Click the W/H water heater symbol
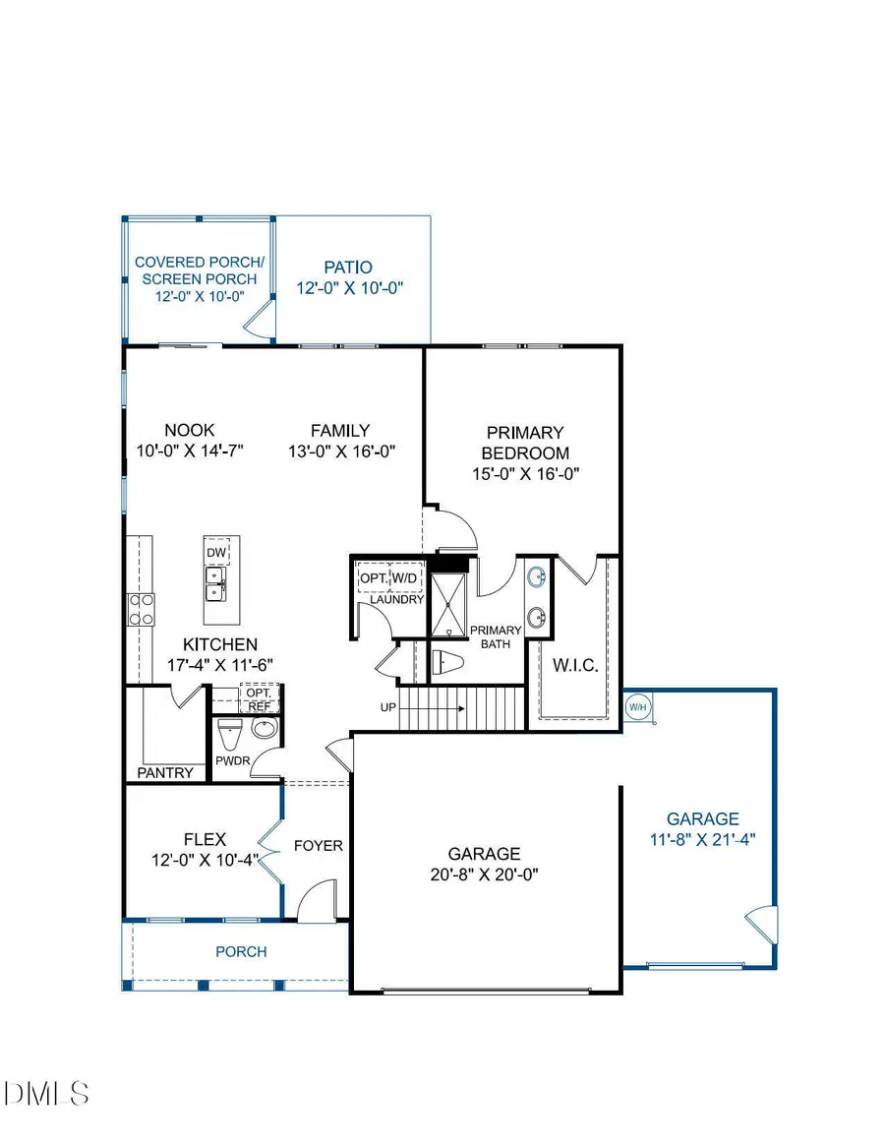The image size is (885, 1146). (637, 706)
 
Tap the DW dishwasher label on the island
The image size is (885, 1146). (216, 554)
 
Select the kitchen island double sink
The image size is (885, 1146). (216, 584)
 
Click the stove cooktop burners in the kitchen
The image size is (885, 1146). (141, 609)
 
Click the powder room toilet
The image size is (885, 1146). (229, 732)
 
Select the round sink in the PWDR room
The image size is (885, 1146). (265, 729)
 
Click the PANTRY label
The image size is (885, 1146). (165, 772)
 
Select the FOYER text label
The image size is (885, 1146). (318, 845)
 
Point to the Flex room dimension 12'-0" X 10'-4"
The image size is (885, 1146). (205, 860)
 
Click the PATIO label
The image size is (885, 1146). (350, 267)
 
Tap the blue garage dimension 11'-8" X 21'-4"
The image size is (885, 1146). (702, 839)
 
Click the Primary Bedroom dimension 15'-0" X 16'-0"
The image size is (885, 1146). (526, 473)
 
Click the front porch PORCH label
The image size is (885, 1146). (241, 951)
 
